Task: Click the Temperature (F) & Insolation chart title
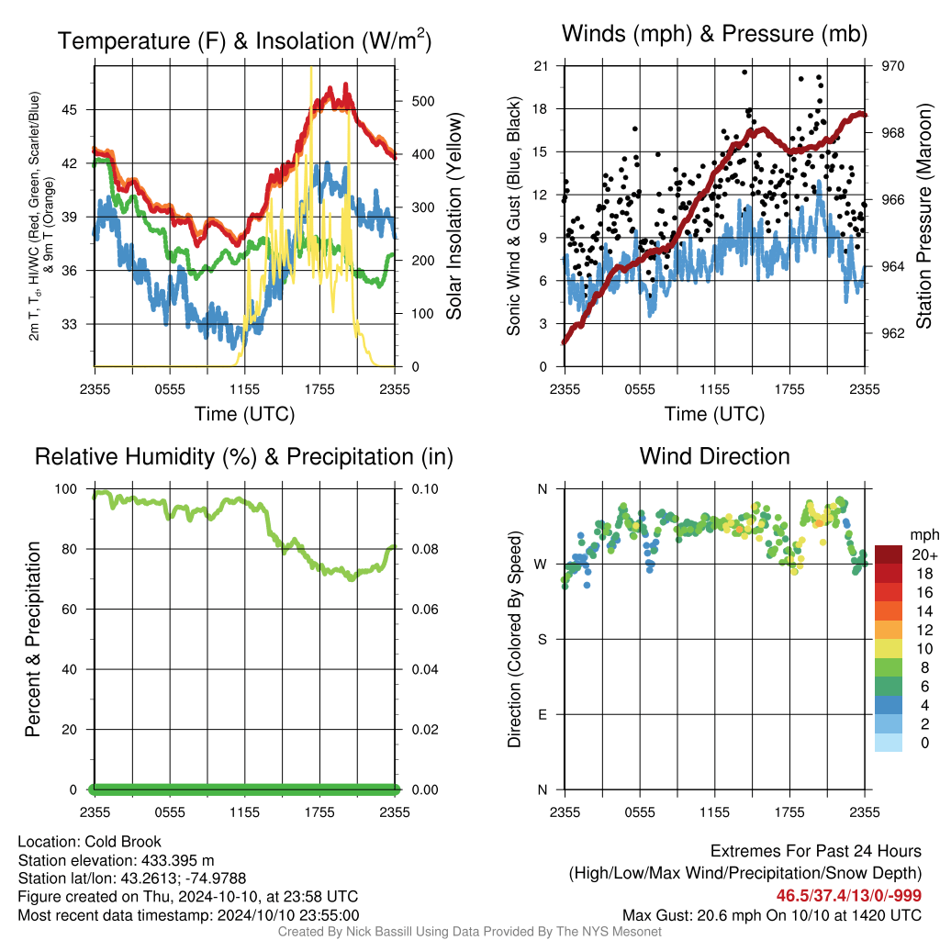pyautogui.click(x=244, y=40)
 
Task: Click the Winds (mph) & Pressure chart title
pyautogui.click(x=714, y=34)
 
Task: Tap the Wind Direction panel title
pyautogui.click(x=714, y=456)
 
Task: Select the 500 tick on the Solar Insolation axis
pyautogui.click(x=423, y=101)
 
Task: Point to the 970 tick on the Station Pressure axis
pyautogui.click(x=892, y=66)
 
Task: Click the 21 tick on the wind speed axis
pyautogui.click(x=541, y=66)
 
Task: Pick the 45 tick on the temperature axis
pyautogui.click(x=70, y=110)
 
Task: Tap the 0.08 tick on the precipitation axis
pyautogui.click(x=425, y=549)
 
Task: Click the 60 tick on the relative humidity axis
pyautogui.click(x=70, y=610)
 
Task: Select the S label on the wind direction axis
pyautogui.click(x=542, y=640)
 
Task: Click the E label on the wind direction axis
pyautogui.click(x=543, y=714)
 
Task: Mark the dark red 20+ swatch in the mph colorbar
pyautogui.click(x=889, y=554)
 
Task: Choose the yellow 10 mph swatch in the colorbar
pyautogui.click(x=889, y=649)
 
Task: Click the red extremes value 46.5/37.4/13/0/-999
pyautogui.click(x=849, y=896)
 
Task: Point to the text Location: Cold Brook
pyautogui.click(x=89, y=842)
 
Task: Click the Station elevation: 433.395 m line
pyautogui.click(x=116, y=860)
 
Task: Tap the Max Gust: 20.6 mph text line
pyautogui.click(x=772, y=915)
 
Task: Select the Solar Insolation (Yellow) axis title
pyautogui.click(x=454, y=216)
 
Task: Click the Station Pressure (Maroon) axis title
pyautogui.click(x=923, y=216)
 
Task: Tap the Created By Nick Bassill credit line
pyautogui.click(x=469, y=932)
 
